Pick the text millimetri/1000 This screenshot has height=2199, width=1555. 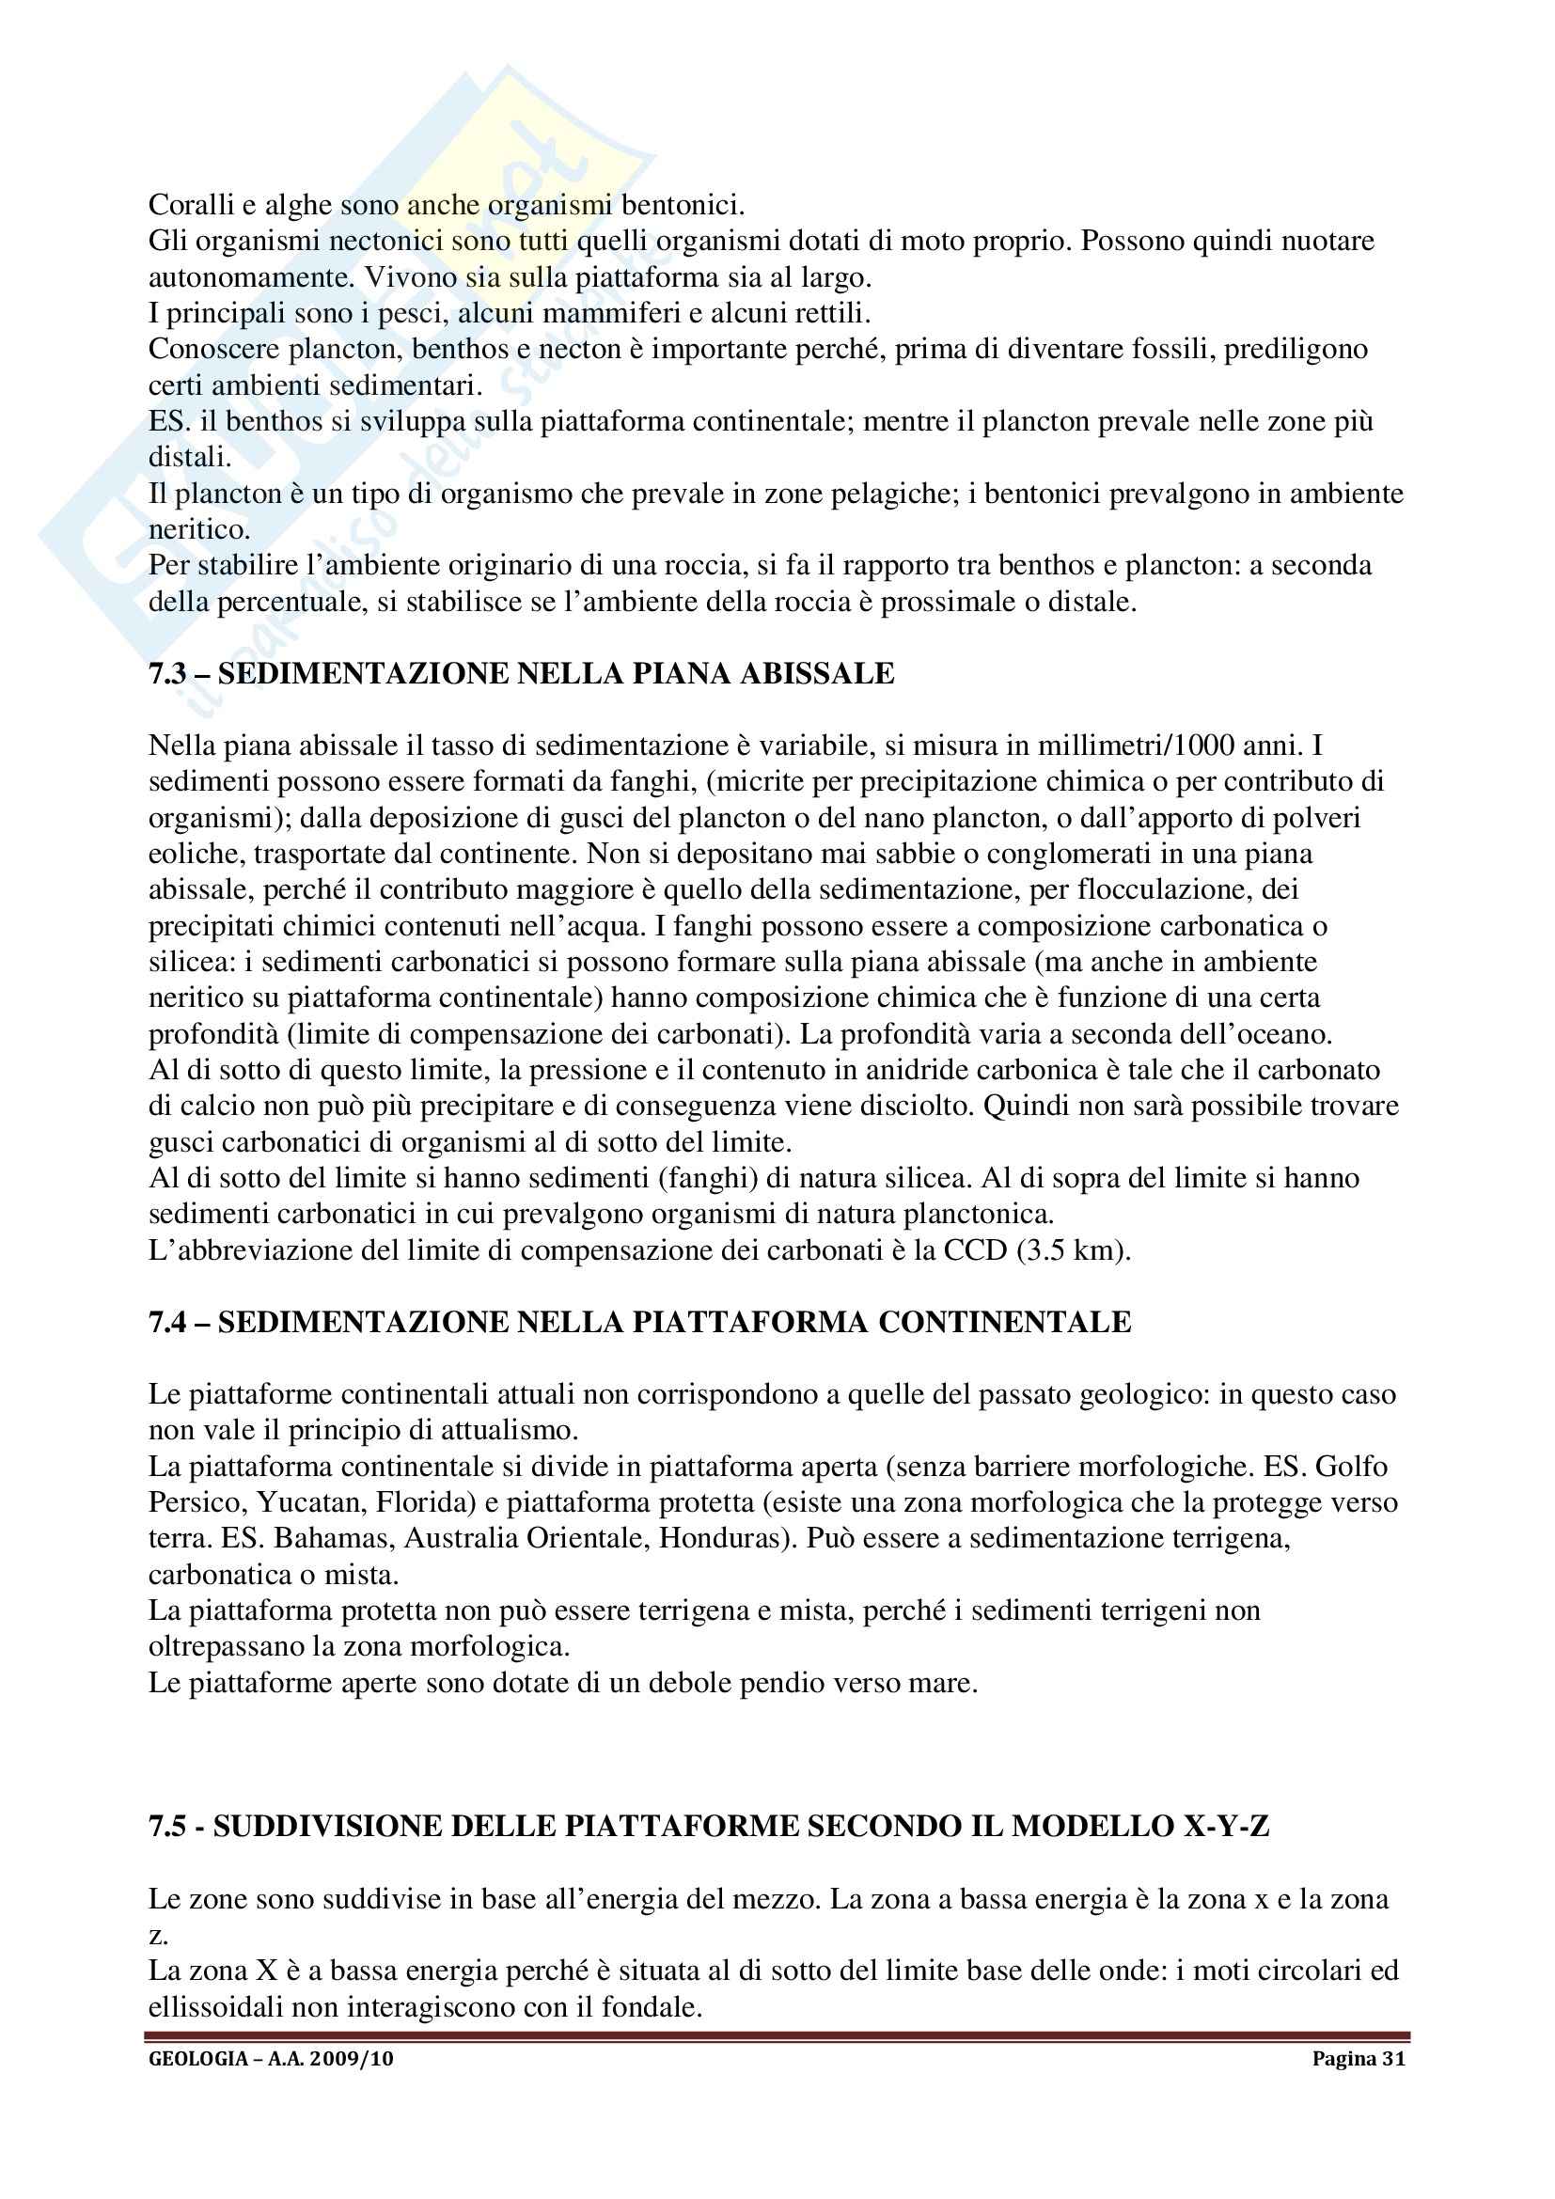click(1138, 746)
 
